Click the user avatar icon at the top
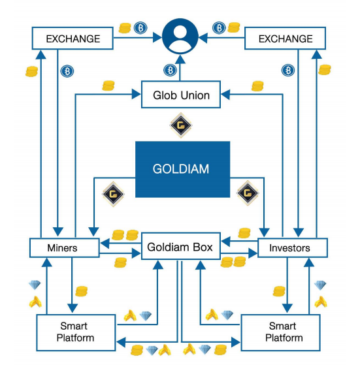[180, 37]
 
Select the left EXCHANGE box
[73, 39]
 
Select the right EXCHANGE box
[286, 39]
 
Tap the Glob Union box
[181, 95]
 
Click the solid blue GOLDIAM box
[182, 169]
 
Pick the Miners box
[65, 247]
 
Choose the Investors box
[293, 247]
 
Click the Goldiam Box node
[181, 246]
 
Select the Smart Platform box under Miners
[76, 332]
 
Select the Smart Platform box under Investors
[280, 332]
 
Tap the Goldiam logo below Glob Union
[181, 125]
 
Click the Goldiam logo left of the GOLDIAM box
[113, 194]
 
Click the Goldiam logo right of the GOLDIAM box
[248, 193]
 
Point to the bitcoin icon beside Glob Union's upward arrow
[170, 70]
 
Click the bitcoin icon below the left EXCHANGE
[67, 71]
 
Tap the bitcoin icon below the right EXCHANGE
[288, 70]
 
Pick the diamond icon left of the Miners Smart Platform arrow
[35, 285]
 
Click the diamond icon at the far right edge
[320, 285]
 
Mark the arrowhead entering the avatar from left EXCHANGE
[157, 37]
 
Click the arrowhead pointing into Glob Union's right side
[225, 95]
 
